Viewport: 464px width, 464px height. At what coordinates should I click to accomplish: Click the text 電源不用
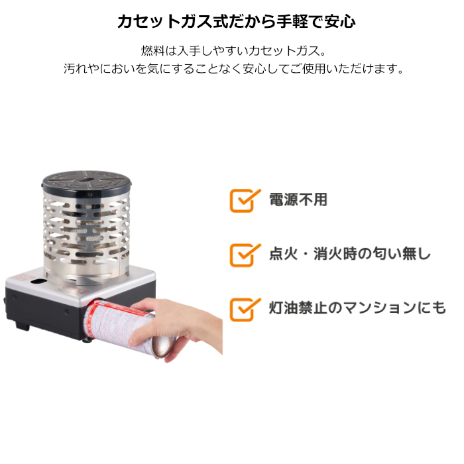(x=298, y=200)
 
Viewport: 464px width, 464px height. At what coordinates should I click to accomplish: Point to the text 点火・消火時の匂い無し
(x=350, y=254)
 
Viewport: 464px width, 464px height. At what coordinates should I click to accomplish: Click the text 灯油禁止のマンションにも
(x=357, y=308)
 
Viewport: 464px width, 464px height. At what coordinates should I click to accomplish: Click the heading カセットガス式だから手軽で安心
(x=237, y=21)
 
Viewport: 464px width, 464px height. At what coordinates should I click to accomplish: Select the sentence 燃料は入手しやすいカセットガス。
(x=233, y=50)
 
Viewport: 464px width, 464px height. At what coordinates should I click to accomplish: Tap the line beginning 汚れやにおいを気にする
(x=233, y=69)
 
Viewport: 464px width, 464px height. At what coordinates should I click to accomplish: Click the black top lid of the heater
(x=86, y=182)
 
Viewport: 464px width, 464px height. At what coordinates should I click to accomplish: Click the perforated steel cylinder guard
(x=86, y=237)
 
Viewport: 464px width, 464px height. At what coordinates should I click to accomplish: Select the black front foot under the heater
(x=22, y=326)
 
